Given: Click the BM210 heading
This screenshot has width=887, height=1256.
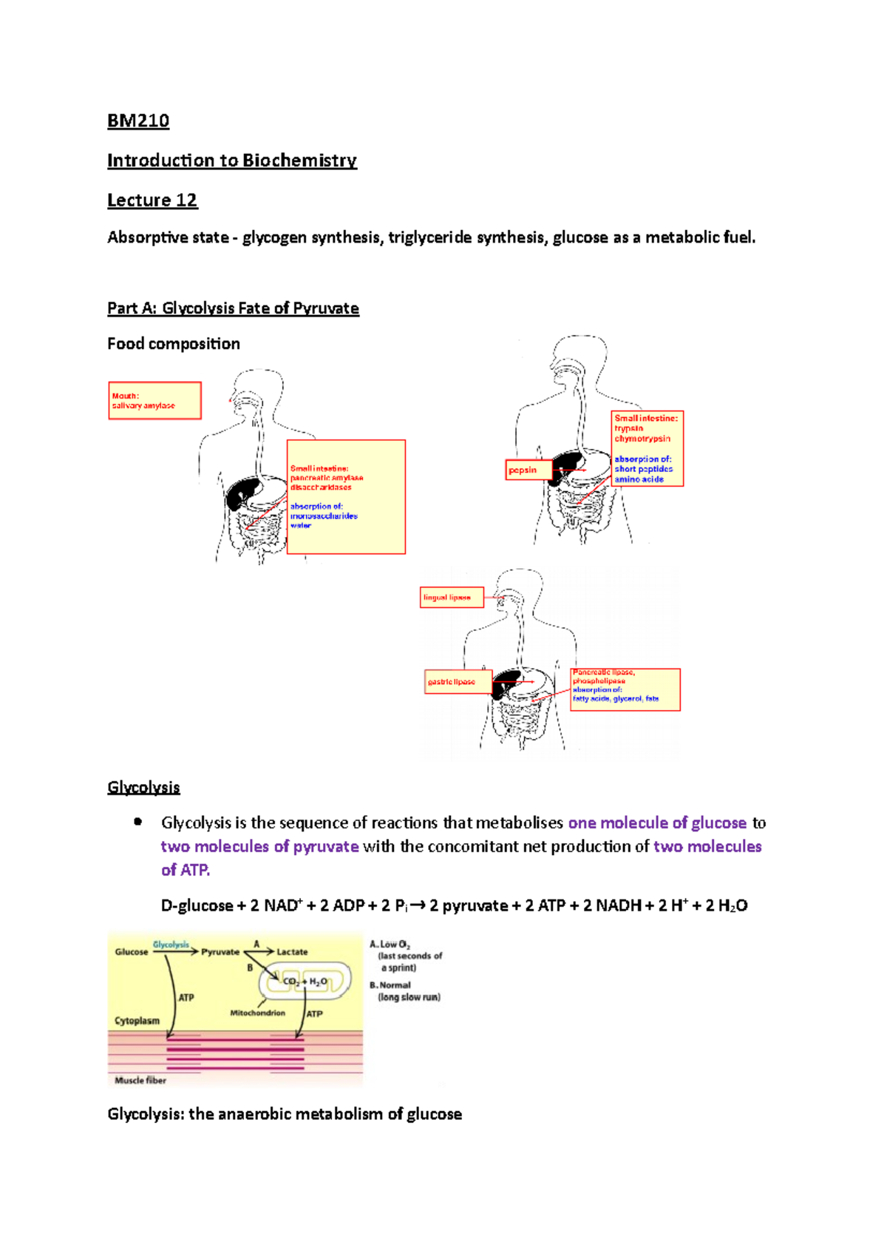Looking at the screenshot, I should click(x=138, y=121).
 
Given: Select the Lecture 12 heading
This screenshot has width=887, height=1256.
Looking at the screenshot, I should click(x=152, y=200).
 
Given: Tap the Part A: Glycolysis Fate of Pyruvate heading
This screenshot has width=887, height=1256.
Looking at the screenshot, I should click(x=233, y=308).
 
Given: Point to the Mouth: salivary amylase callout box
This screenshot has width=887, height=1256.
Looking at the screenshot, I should click(x=154, y=401).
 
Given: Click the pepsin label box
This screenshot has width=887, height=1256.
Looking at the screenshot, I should click(x=528, y=470).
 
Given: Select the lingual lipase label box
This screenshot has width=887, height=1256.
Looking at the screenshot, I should click(x=452, y=598).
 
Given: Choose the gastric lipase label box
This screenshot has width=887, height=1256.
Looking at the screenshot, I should click(x=458, y=682).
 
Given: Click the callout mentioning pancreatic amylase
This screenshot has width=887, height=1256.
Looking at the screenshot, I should click(x=346, y=496).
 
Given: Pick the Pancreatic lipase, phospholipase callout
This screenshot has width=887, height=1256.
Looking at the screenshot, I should click(x=625, y=689).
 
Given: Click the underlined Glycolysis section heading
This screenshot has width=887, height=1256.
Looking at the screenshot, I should click(x=143, y=787).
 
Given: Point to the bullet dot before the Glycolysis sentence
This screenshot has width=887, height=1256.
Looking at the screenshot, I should click(x=137, y=822).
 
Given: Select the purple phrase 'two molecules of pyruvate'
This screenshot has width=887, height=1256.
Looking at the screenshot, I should click(x=259, y=846).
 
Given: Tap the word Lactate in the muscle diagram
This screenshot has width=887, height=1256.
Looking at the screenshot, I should click(x=292, y=952).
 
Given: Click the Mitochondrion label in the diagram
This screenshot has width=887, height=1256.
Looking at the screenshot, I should click(x=257, y=1013).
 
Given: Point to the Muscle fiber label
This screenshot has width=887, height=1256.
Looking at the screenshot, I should click(x=140, y=1081).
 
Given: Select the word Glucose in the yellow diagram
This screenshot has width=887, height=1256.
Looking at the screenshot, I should click(x=132, y=952).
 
